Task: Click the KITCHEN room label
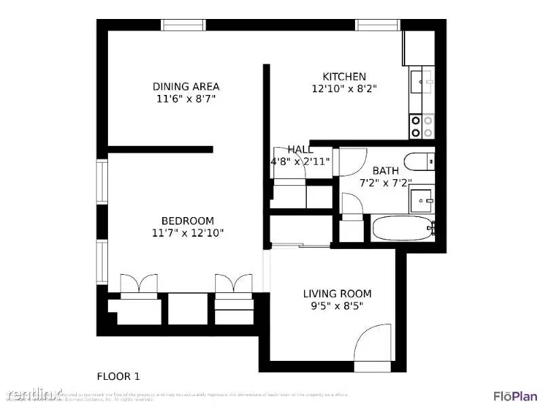click(344, 77)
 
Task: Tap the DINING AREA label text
click(185, 86)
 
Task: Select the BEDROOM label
click(187, 220)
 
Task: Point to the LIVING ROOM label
click(337, 294)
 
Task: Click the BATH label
click(386, 170)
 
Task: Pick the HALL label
click(300, 149)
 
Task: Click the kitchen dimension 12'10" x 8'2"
click(344, 88)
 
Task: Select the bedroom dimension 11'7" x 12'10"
click(187, 233)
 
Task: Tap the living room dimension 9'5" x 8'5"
click(337, 306)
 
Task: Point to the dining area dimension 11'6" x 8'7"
click(185, 98)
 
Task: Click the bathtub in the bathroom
click(402, 229)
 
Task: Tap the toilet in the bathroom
click(417, 162)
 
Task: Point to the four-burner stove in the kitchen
click(422, 125)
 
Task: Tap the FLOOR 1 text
click(119, 376)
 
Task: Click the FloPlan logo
click(514, 395)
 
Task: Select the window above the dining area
click(183, 25)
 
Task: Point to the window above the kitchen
click(378, 25)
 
